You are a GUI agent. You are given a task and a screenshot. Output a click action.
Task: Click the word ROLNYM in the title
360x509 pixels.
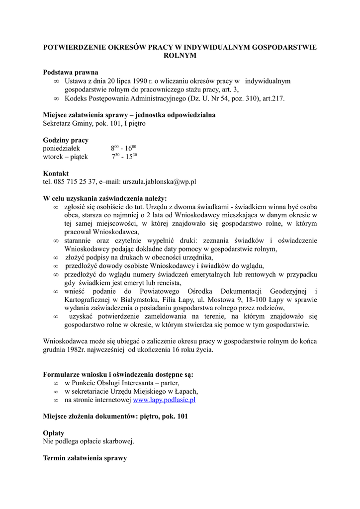pyautogui.click(x=180, y=56)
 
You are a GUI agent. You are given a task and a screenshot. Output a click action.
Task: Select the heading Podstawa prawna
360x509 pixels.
pyautogui.click(x=70, y=72)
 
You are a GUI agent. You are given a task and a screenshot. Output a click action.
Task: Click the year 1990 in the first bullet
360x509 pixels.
pyautogui.click(x=136, y=81)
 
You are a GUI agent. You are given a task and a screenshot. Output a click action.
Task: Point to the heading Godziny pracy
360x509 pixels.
pyautogui.click(x=66, y=140)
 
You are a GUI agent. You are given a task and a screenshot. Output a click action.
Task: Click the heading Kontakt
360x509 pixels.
pyautogui.click(x=56, y=173)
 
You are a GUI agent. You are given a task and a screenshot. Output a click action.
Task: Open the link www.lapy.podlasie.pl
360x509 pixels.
pyautogui.click(x=165, y=399)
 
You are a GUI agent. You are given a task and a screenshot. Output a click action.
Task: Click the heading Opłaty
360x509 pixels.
pyautogui.click(x=54, y=433)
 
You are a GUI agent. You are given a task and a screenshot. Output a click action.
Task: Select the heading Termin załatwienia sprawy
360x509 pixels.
pyautogui.click(x=85, y=458)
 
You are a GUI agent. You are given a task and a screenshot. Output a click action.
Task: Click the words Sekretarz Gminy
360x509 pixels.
pyautogui.click(x=67, y=123)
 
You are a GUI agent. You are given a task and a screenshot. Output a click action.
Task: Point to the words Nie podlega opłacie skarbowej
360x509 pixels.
pyautogui.click(x=89, y=441)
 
